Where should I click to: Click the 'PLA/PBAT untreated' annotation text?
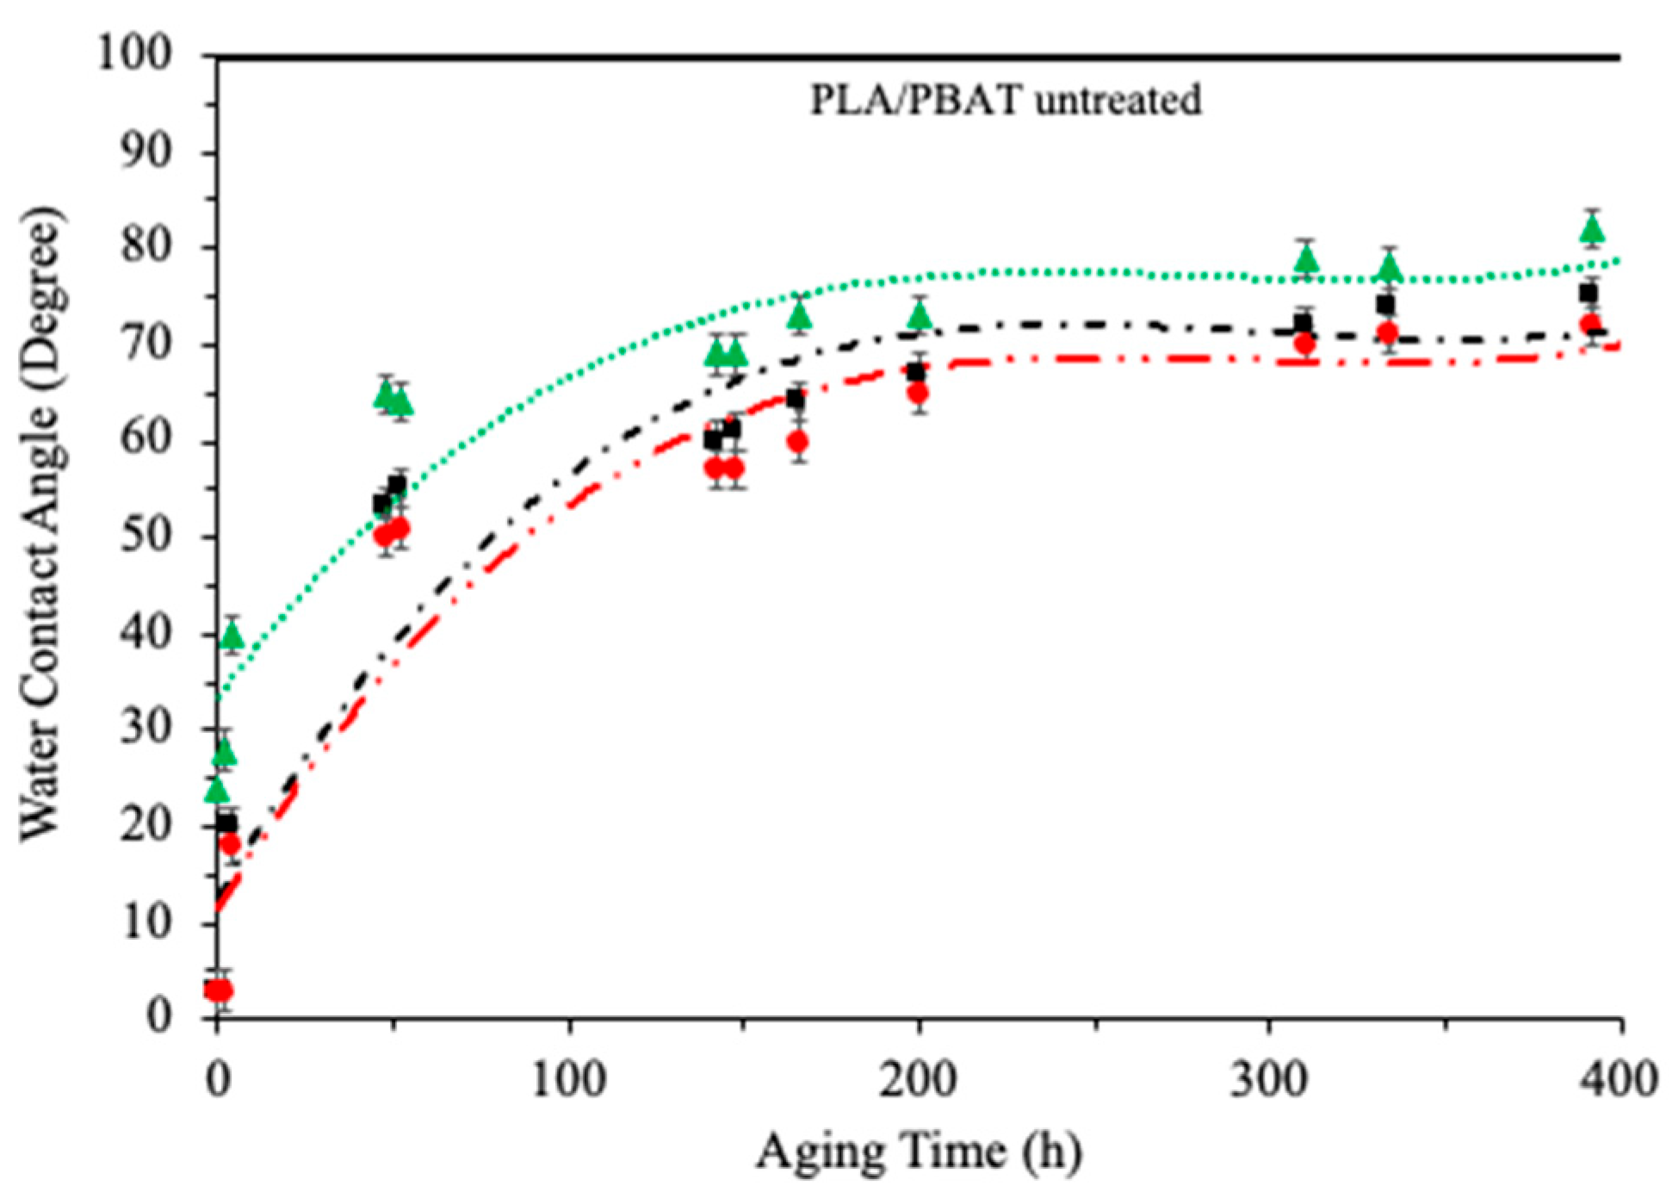1005,101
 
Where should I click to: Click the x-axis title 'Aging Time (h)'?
919,1152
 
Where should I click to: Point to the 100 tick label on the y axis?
134,54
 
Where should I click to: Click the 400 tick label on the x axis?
1619,1078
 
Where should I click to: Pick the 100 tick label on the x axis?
569,1078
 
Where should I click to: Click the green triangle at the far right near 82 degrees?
1592,229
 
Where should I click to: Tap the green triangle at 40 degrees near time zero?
232,636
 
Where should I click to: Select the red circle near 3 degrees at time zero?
220,990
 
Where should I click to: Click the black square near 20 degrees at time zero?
226,823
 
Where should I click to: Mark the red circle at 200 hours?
919,394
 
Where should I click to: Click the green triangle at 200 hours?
920,316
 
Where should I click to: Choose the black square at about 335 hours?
1385,305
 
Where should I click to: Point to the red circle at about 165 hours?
798,442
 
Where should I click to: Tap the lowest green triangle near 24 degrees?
218,789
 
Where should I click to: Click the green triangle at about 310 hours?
1307,258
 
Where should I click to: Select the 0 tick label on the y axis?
158,1016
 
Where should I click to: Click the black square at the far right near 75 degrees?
1588,294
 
